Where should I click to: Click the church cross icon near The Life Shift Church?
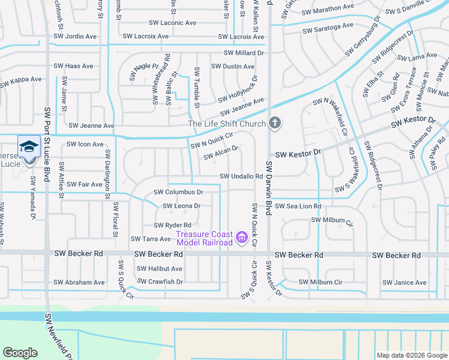click(x=275, y=124)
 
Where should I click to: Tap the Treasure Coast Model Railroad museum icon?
click(x=242, y=238)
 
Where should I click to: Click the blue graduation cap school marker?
click(x=29, y=146)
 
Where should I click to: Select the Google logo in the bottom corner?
click(x=20, y=353)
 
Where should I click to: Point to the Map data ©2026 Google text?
click(x=411, y=355)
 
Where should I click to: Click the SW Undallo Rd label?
click(x=241, y=176)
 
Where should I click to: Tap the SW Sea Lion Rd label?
click(x=298, y=206)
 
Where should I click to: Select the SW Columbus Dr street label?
click(x=179, y=192)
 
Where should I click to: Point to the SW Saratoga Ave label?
click(x=328, y=28)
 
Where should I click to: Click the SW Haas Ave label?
click(x=74, y=66)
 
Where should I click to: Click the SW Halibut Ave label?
click(x=160, y=269)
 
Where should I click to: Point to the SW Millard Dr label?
click(x=244, y=53)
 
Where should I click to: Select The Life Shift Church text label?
click(x=227, y=124)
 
